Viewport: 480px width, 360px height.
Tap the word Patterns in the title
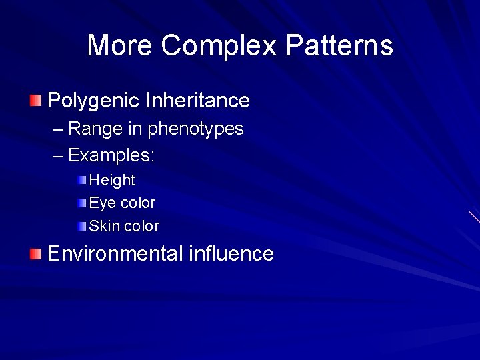click(339, 46)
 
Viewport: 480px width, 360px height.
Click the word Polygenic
click(94, 101)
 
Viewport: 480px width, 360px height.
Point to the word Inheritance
click(197, 101)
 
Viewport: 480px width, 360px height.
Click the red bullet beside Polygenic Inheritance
click(35, 101)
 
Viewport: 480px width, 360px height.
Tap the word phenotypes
click(195, 129)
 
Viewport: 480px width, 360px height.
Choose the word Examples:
click(111, 156)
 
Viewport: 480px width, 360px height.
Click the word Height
click(112, 180)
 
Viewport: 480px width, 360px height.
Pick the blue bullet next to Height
click(81, 180)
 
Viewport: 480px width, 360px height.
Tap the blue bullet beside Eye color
click(81, 203)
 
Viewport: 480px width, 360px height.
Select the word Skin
click(104, 226)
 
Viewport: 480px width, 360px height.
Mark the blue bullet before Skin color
click(81, 226)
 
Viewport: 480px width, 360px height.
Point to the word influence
click(231, 254)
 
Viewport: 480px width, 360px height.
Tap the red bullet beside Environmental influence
click(35, 254)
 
